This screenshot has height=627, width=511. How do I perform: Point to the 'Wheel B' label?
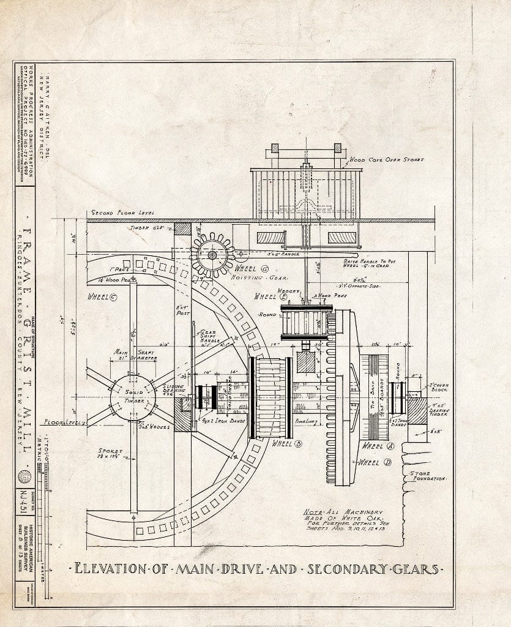[285, 443]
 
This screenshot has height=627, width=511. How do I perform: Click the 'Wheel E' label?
[267, 296]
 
